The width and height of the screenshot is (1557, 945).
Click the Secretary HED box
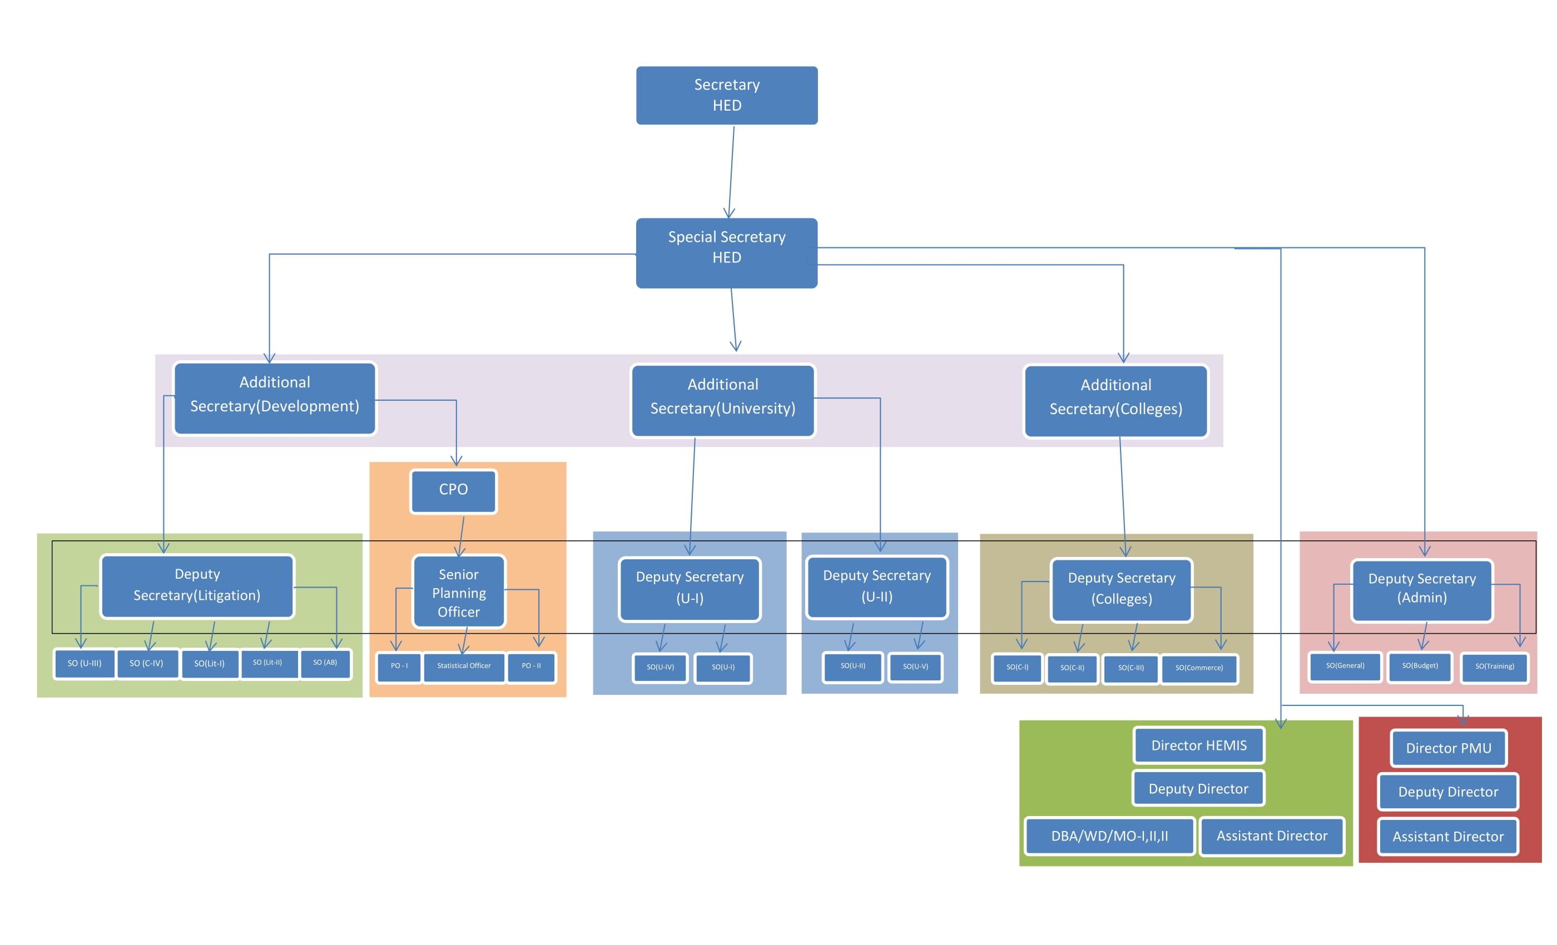[727, 96]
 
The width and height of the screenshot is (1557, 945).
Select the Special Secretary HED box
[727, 253]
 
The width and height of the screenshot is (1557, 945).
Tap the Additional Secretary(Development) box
[275, 398]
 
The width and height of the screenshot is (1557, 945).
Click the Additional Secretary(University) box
[722, 400]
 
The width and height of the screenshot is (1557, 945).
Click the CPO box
[453, 491]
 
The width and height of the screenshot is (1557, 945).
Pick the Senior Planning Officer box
[459, 593]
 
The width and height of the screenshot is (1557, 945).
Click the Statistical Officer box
[464, 667]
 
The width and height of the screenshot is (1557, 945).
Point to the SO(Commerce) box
[1199, 669]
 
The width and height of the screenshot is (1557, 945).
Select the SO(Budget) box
[1419, 667]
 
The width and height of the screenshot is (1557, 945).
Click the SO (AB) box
[325, 664]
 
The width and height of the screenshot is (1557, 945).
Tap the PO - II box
[531, 667]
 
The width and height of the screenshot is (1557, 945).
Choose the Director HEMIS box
[1199, 745]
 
